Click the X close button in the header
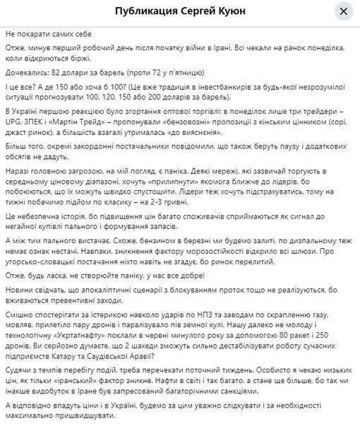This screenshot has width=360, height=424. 343,12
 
